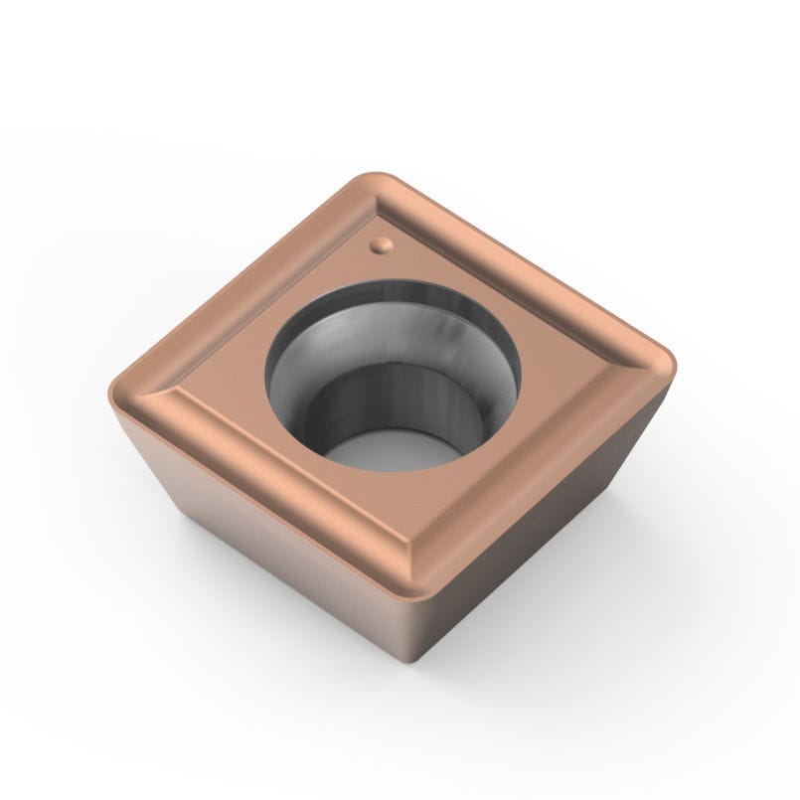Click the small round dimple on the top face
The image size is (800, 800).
point(380,242)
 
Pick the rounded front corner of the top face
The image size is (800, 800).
point(421,557)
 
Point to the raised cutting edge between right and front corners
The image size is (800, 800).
point(552,457)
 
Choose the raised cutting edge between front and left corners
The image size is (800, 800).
point(268,467)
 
